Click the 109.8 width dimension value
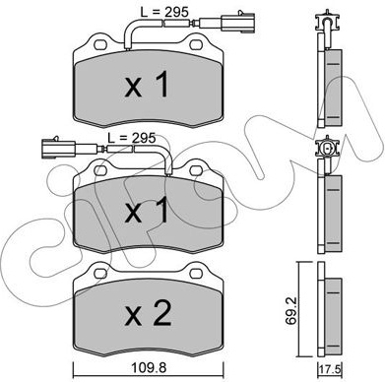point(148,368)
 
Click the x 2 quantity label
point(149,314)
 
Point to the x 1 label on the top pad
point(147,86)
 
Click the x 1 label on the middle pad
point(147,211)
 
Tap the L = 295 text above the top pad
point(164,13)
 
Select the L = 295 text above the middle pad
point(131,138)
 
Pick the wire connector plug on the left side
point(58,150)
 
